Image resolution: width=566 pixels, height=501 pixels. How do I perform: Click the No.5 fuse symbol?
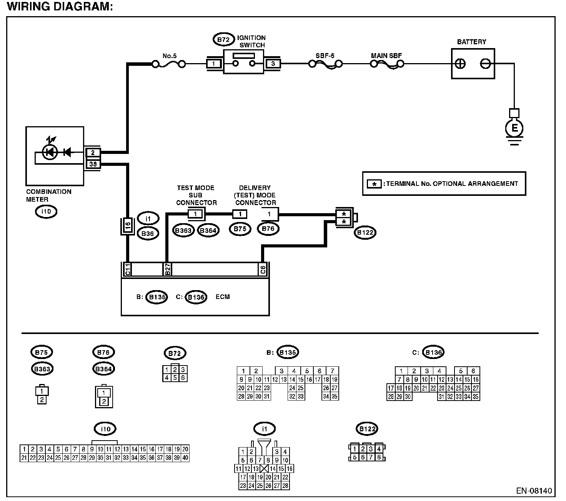(x=169, y=65)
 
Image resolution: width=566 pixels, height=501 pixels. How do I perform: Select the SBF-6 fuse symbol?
(x=325, y=65)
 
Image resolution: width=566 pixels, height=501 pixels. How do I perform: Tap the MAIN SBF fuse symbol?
(x=387, y=65)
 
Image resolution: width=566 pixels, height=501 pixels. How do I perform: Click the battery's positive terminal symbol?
(x=460, y=64)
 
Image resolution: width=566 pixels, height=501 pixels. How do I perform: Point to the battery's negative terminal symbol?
(x=485, y=64)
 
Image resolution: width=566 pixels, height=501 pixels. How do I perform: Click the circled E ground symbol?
(x=514, y=128)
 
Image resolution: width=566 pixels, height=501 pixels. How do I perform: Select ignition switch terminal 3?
(x=273, y=64)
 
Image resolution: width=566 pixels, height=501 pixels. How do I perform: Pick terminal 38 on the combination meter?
(x=93, y=164)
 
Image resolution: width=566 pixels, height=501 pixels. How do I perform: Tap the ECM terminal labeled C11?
(x=127, y=269)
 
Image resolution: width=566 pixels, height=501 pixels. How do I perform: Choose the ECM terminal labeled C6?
(x=263, y=269)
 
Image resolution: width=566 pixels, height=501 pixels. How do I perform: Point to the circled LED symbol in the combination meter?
(x=50, y=152)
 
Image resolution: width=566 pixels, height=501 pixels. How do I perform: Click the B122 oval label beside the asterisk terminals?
(x=365, y=232)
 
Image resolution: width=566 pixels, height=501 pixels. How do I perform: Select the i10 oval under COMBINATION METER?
(x=46, y=212)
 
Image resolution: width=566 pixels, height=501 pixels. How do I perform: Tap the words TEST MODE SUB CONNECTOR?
(x=196, y=195)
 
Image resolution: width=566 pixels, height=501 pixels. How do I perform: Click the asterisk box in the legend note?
(x=374, y=184)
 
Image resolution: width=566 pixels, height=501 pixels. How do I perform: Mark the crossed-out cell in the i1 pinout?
(x=264, y=469)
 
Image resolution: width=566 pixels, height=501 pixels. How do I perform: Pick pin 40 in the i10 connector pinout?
(x=185, y=458)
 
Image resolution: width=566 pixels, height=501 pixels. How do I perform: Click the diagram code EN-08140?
(x=534, y=491)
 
